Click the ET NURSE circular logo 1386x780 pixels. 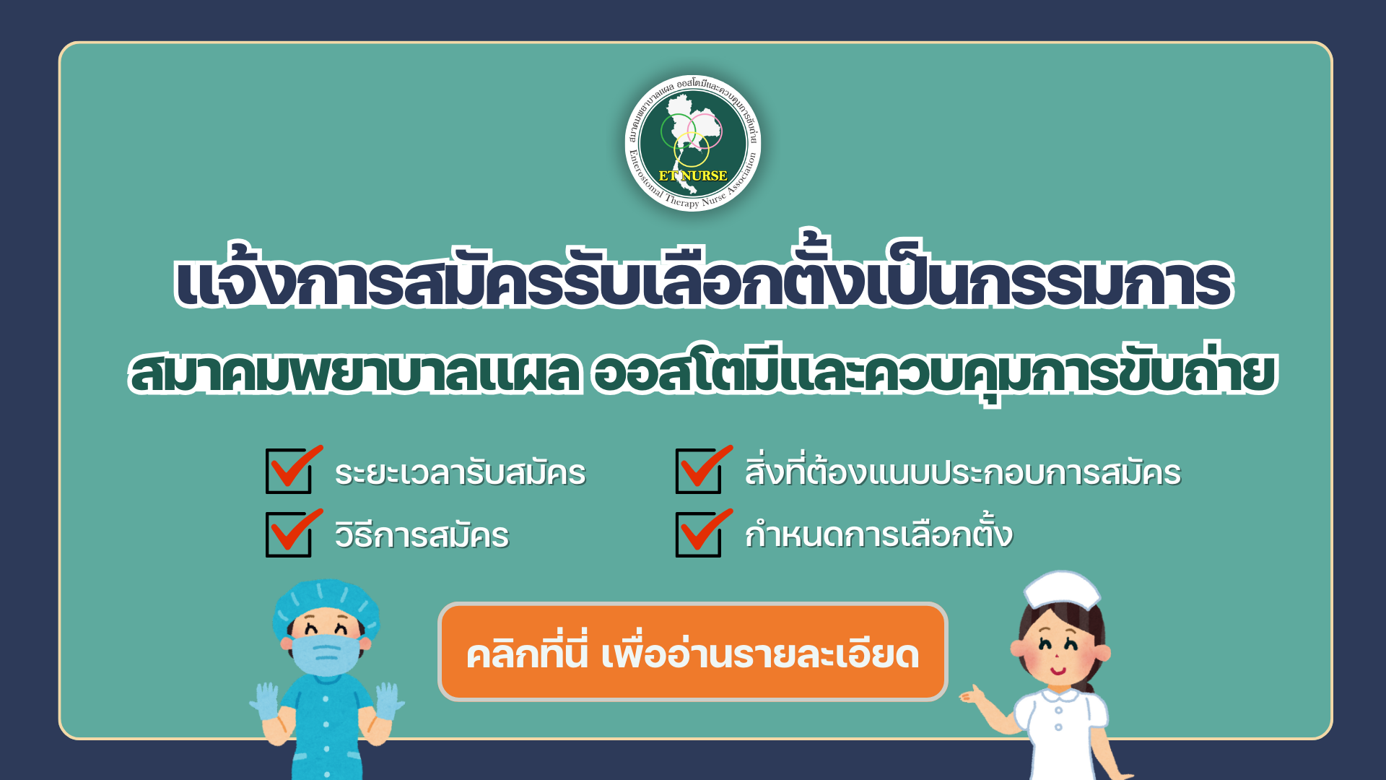click(x=693, y=143)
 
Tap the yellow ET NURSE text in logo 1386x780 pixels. click(x=693, y=175)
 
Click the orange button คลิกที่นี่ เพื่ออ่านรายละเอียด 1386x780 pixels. click(x=693, y=652)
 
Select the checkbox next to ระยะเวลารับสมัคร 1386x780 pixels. click(x=289, y=471)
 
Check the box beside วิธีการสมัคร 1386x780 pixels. click(x=289, y=534)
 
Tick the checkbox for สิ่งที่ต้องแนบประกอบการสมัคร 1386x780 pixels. click(x=699, y=471)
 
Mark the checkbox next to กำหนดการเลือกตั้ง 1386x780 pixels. click(x=699, y=534)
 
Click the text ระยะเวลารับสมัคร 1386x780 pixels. click(x=461, y=473)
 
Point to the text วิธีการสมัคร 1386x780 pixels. click(x=422, y=536)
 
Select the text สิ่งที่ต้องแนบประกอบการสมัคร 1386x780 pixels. click(x=963, y=471)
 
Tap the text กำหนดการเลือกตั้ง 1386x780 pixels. click(x=879, y=533)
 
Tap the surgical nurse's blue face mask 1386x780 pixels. click(x=326, y=654)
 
